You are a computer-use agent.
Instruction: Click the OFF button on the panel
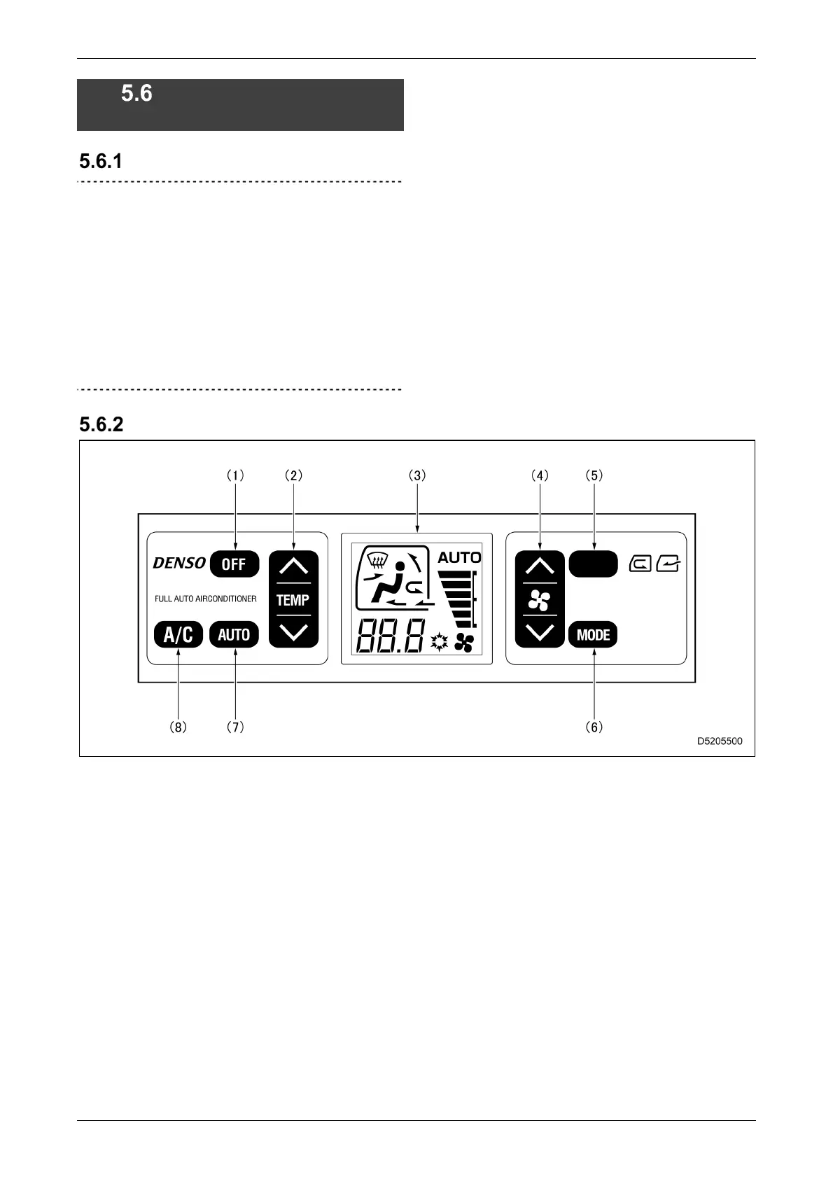coord(234,564)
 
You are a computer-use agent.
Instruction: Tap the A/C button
coord(178,635)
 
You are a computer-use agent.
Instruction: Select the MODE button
coord(593,635)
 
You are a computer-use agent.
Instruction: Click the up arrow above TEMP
coord(293,566)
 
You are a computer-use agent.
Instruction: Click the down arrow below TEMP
coord(293,632)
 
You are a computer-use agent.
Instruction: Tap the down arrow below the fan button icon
coord(540,633)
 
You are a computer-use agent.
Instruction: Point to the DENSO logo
coord(179,563)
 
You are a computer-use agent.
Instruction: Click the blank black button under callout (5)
coord(593,564)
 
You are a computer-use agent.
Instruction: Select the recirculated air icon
coord(640,563)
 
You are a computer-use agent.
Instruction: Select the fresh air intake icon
coord(668,563)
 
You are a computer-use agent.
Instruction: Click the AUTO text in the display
coord(459,558)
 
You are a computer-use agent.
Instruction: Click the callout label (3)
coord(417,475)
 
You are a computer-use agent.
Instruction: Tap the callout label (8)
coord(178,727)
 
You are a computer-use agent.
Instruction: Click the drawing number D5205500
coord(720,741)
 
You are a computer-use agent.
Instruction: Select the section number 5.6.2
coord(101,424)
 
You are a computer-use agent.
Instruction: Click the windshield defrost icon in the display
coord(379,561)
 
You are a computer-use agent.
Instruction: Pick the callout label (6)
coord(594,727)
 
